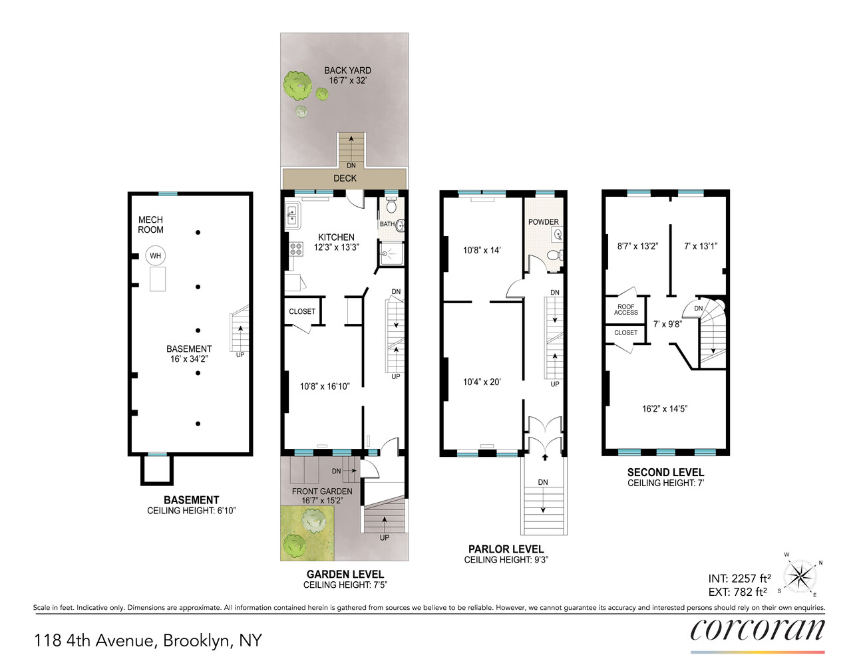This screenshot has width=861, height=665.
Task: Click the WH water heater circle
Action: tap(155, 256)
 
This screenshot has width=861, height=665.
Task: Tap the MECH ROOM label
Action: tap(150, 225)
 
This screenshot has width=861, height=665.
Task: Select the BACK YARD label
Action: tap(347, 70)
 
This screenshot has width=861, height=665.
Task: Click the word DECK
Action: tap(345, 178)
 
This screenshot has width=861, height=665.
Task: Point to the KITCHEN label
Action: tap(336, 237)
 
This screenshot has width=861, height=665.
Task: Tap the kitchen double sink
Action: tap(292, 215)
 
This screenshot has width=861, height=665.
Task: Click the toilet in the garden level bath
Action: tap(391, 206)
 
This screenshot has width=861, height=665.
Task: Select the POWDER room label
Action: tap(544, 222)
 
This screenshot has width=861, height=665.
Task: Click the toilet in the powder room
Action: tap(553, 255)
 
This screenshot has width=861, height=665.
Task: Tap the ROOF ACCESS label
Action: tap(625, 309)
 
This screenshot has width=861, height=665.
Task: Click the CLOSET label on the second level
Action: tap(625, 332)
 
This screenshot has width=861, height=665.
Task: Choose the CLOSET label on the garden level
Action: tap(302, 311)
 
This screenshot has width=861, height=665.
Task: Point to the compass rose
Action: tap(800, 575)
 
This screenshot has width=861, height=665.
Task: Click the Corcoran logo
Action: tap(757, 629)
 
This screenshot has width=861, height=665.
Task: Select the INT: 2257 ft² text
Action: tap(739, 579)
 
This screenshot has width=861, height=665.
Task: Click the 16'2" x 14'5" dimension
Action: tap(664, 409)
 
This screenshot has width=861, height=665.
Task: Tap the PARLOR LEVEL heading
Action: tap(506, 549)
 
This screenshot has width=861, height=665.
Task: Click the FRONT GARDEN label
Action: tap(322, 491)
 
